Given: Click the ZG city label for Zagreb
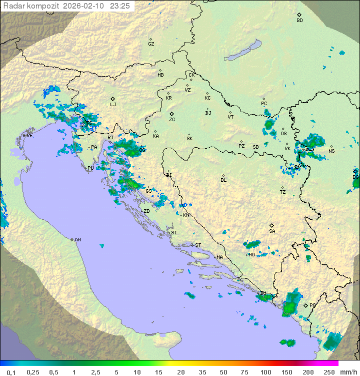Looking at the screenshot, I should [172, 120].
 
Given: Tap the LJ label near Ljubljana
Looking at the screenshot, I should [113, 105].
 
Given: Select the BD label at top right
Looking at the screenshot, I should [299, 21].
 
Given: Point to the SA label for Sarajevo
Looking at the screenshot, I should [272, 231].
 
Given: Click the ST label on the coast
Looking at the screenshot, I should [198, 245].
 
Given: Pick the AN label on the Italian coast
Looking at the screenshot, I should [77, 240].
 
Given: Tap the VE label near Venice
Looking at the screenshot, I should [30, 136].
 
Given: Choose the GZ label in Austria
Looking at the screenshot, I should [151, 44].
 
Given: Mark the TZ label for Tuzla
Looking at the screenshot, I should [283, 192].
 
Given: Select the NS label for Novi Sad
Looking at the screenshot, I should [331, 151].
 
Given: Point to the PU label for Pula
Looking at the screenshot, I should [90, 168].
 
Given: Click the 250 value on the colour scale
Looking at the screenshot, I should [328, 372].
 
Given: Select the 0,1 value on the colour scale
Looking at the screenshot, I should [11, 372].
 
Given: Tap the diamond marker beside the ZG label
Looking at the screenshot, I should [171, 114].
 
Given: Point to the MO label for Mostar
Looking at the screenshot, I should [252, 255].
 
